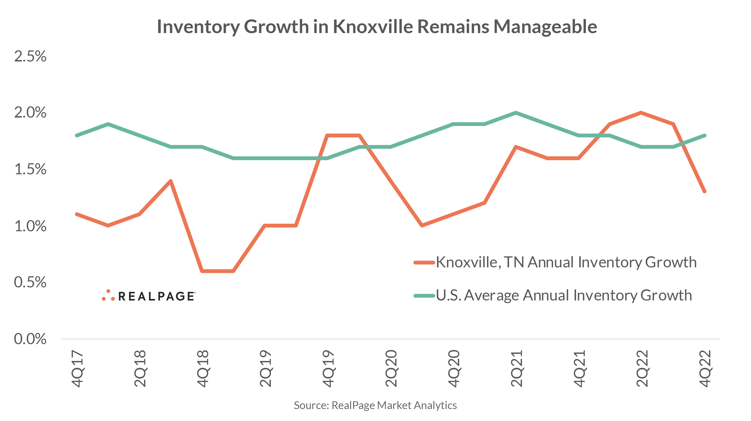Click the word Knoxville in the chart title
coord(373,27)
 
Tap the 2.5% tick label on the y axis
coord(30,56)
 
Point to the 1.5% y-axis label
coord(30,169)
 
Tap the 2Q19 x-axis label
coord(266,368)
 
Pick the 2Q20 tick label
coord(391,368)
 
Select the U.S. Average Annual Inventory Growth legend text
coord(564,295)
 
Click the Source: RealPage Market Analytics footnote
coord(375,405)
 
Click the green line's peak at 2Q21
coord(516,113)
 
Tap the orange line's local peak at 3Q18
coord(171,181)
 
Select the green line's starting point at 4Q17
coord(77,136)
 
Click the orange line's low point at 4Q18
coord(202,271)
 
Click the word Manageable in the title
coord(545,27)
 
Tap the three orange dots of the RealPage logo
coord(108,295)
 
